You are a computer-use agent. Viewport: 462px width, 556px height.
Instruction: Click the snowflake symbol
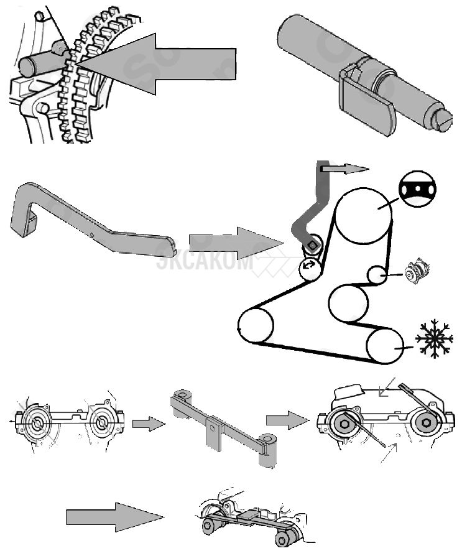pyautogui.click(x=434, y=338)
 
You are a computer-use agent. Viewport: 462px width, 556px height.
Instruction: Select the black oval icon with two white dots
pyautogui.click(x=417, y=188)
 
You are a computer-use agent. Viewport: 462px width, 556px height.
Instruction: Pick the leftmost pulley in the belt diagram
pyautogui.click(x=256, y=325)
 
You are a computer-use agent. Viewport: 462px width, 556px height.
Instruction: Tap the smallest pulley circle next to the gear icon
pyautogui.click(x=376, y=274)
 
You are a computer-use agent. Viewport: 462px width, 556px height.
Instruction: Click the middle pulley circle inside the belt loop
pyautogui.click(x=349, y=303)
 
